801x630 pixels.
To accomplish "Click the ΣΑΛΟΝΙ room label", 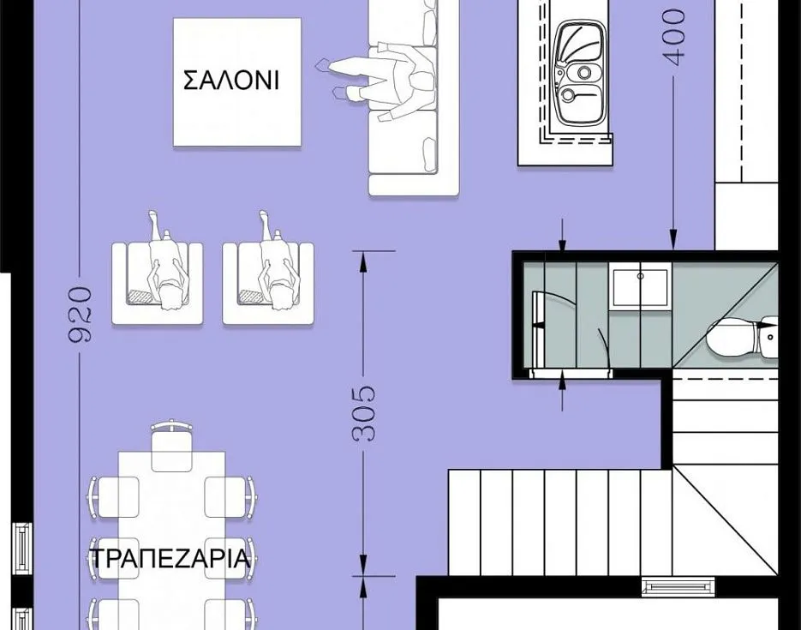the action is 231,81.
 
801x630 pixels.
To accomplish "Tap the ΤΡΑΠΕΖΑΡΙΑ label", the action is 170,558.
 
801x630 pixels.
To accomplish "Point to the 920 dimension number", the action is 81,315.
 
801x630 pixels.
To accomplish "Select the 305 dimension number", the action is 363,413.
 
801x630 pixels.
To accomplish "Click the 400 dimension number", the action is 674,38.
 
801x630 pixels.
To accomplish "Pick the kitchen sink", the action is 580,74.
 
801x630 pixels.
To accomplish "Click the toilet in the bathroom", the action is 742,336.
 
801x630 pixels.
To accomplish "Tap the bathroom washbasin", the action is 640,289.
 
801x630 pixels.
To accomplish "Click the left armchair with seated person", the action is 158,276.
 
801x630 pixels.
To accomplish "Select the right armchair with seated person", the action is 268,276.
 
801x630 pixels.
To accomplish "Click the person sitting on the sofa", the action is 380,81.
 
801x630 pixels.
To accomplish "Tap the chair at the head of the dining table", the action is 171,445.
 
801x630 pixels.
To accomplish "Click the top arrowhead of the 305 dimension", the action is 363,261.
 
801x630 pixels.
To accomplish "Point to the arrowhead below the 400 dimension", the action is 673,241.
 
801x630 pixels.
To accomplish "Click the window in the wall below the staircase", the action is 678,586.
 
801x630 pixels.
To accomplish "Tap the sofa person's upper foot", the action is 323,65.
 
